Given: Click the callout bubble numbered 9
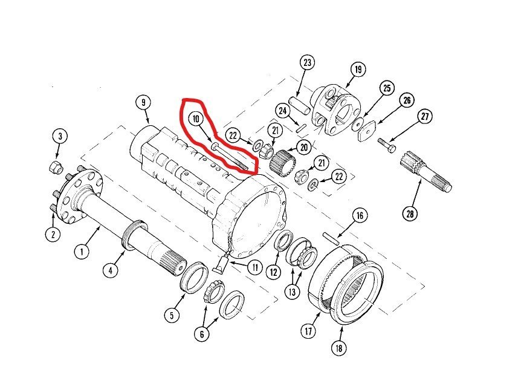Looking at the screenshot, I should pyautogui.click(x=144, y=103).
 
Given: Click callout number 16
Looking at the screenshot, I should pyautogui.click(x=360, y=215).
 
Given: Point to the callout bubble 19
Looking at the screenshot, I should pyautogui.click(x=357, y=70).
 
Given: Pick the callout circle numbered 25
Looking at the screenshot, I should pyautogui.click(x=386, y=88).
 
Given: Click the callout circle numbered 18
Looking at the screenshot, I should pyautogui.click(x=341, y=349).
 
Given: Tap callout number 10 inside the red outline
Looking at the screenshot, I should pyautogui.click(x=195, y=119).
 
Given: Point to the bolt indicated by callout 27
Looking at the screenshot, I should pyautogui.click(x=387, y=145).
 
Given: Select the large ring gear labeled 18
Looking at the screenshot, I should pyautogui.click(x=348, y=284).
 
